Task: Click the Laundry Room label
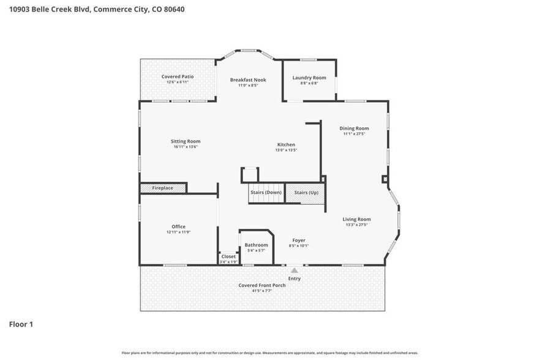[309, 78]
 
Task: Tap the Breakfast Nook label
[248, 80]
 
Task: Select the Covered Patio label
[178, 77]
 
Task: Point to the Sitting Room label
[186, 141]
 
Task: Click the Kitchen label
[285, 145]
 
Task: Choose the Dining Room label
[354, 129]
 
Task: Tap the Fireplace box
[163, 188]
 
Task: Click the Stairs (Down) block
[266, 192]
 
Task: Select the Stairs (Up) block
[306, 192]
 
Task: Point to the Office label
[178, 227]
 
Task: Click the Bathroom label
[257, 245]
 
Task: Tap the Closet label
[228, 257]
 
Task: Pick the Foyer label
[299, 241]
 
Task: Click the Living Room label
[356, 219]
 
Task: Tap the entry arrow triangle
[294, 270]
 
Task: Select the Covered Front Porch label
[263, 286]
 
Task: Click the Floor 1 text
[21, 324]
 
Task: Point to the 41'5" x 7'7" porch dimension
[263, 291]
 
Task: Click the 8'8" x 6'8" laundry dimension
[309, 83]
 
